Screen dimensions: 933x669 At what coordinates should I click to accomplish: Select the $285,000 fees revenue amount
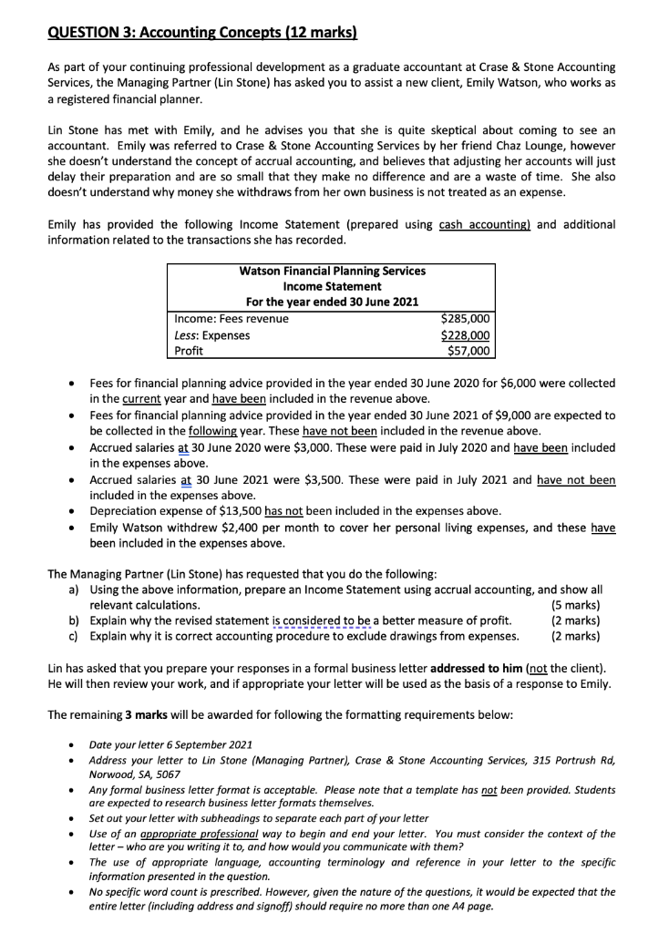coord(465,319)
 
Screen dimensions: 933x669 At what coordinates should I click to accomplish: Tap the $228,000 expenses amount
coord(465,334)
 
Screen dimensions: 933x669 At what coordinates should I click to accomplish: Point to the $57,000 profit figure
coord(468,350)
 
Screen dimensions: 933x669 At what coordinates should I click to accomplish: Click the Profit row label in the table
coord(189,350)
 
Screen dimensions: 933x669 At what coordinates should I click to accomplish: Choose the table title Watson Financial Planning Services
coord(332,271)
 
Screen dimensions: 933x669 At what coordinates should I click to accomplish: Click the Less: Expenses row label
coord(212,334)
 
